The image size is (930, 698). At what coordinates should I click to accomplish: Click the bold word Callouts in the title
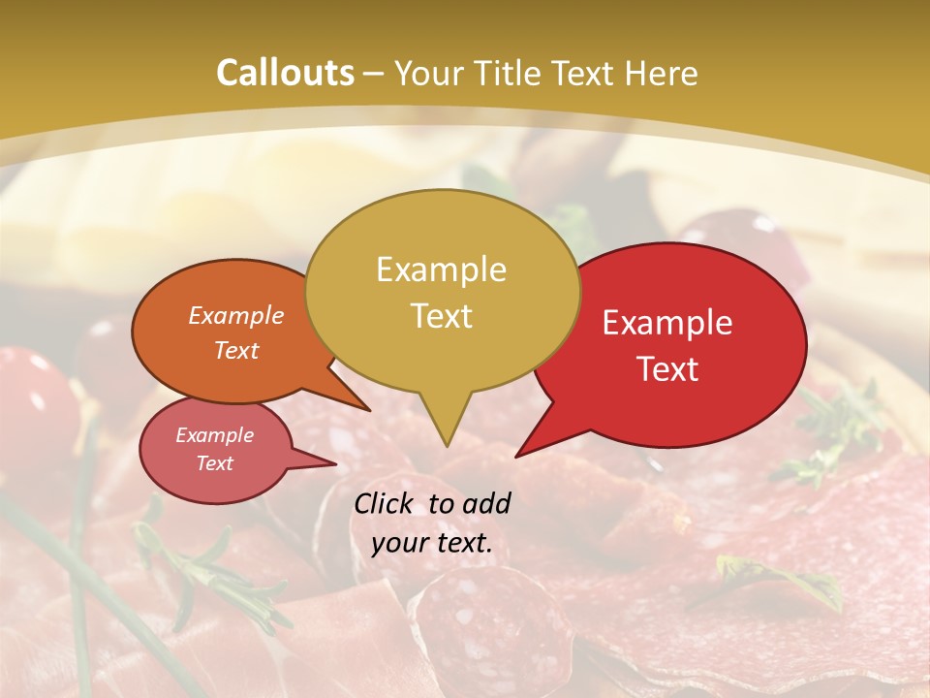(285, 73)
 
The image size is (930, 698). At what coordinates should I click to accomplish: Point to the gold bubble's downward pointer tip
(446, 444)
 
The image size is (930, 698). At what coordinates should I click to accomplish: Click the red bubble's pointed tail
(523, 452)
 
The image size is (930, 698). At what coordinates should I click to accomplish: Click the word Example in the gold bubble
(441, 270)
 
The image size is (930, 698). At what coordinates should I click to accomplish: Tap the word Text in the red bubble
(668, 368)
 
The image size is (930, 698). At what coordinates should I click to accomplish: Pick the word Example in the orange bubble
(236, 315)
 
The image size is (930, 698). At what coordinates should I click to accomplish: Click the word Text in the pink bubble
(215, 463)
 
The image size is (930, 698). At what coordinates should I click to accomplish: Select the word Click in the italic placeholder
(384, 503)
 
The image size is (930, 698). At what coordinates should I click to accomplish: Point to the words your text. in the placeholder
(432, 543)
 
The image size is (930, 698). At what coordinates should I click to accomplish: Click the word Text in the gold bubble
(442, 316)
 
